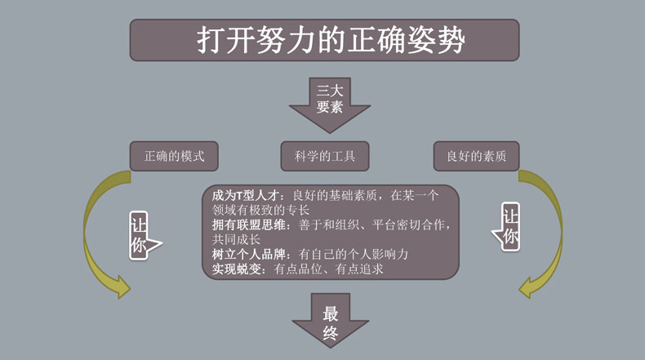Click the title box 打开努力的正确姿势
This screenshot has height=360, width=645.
324,40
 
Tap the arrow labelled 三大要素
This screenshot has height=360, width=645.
330,102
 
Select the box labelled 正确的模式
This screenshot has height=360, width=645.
174,155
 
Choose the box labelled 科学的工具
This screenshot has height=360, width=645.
324,155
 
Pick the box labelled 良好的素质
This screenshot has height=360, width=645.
476,155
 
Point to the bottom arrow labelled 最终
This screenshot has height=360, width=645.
330,320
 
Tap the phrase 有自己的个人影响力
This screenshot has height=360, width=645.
354,254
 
